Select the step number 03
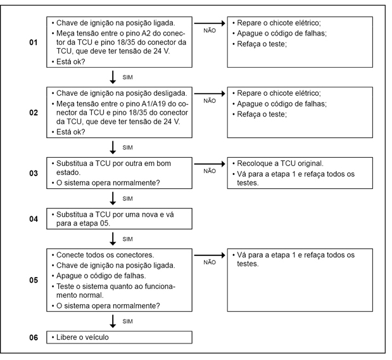coord(34,171)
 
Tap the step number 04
coord(34,218)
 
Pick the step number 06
coord(34,337)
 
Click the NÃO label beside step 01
coord(209,30)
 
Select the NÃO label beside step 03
coord(209,170)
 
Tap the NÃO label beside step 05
coord(209,261)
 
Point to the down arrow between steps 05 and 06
coord(113,321)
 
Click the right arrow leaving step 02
coord(208,93)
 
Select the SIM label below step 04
coord(127,239)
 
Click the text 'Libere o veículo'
coord(82,337)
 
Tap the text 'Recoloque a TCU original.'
coord(279,163)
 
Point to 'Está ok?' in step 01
coord(71,61)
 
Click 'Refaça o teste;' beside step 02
coord(262,114)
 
